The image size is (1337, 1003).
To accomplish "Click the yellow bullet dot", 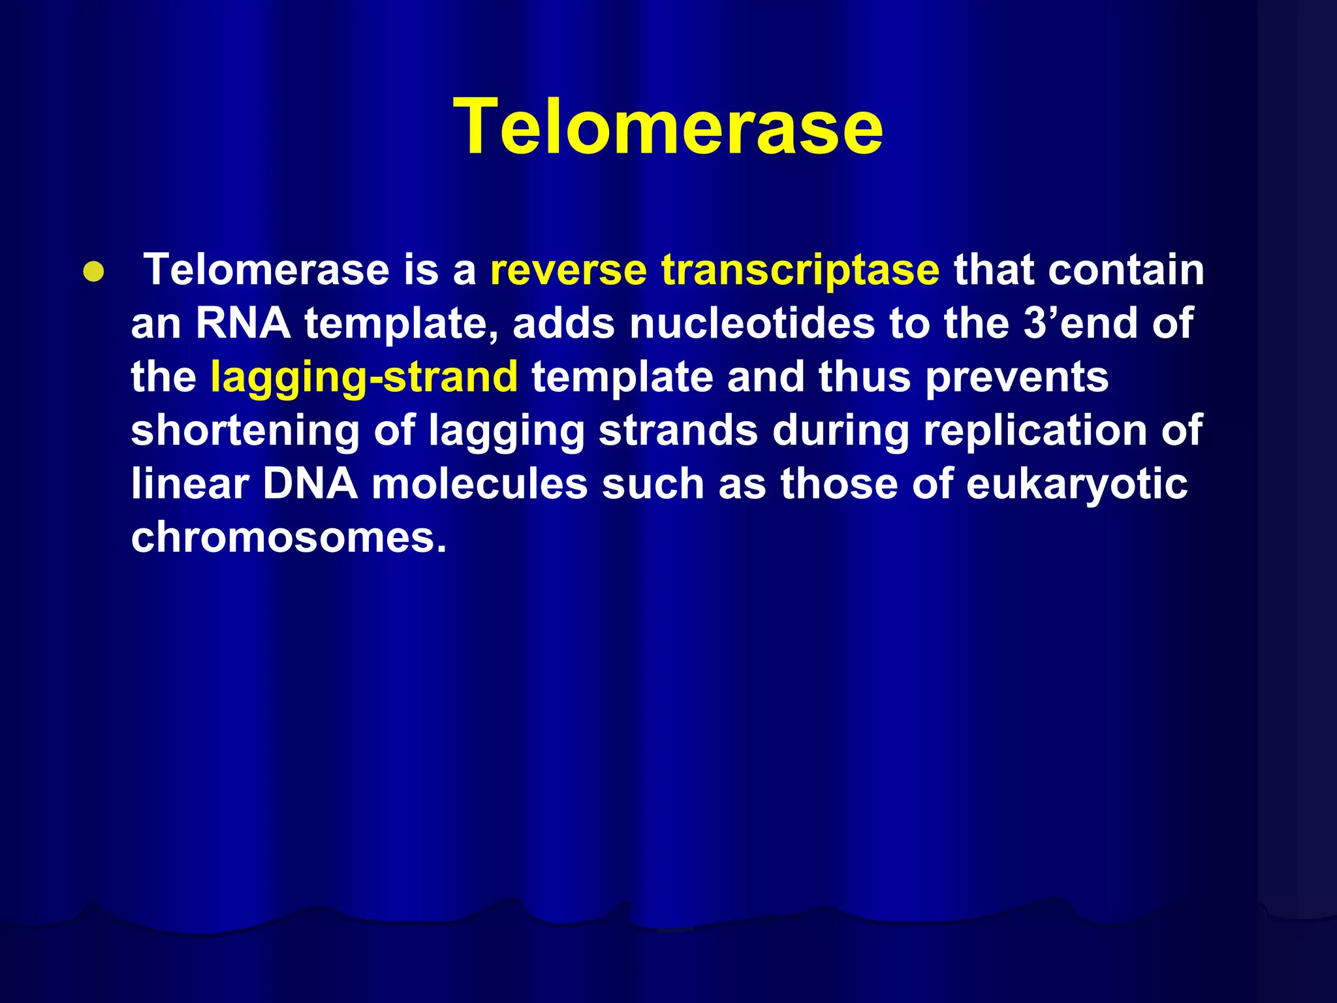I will (93, 272).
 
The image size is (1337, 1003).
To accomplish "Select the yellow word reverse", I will (568, 270).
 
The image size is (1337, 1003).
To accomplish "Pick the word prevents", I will (1016, 377).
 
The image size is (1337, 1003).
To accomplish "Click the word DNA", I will (310, 484).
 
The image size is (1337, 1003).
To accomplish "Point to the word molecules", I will (479, 484).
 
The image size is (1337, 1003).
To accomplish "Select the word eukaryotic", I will (1077, 485).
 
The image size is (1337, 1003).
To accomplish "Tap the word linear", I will (190, 484).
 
